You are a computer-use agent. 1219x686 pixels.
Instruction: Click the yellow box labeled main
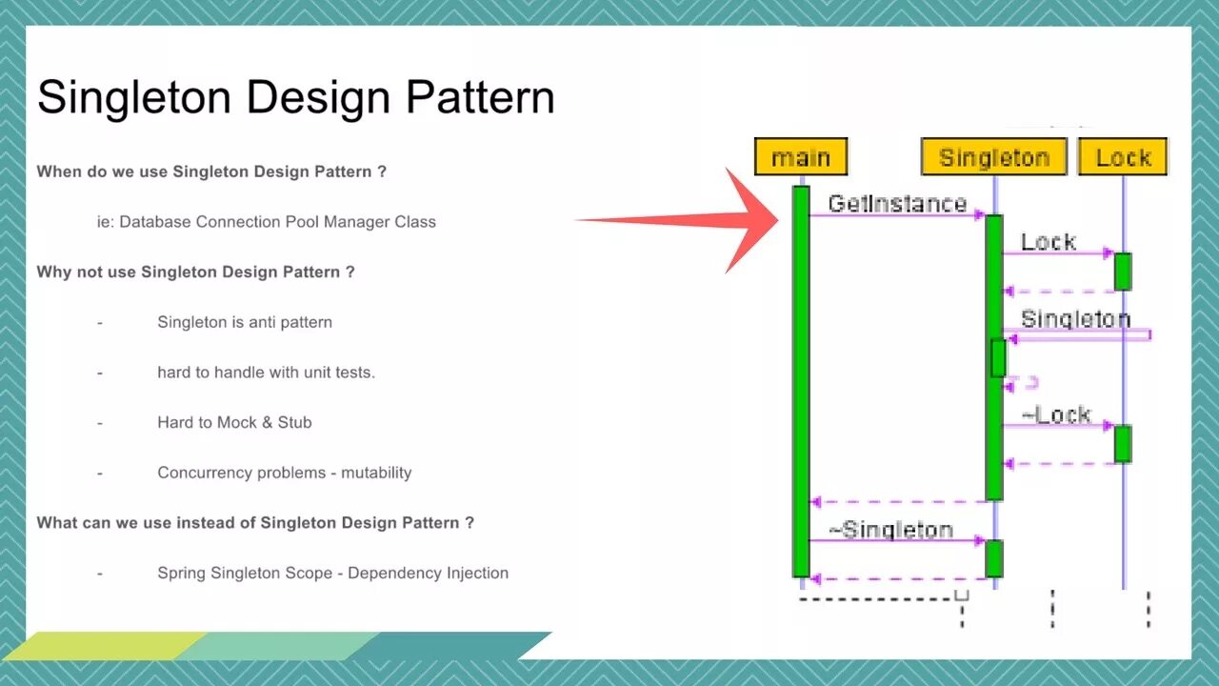pyautogui.click(x=801, y=157)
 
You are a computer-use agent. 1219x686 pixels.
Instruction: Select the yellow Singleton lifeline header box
pyautogui.click(x=994, y=157)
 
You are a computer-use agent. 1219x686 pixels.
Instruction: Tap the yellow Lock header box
pyautogui.click(x=1123, y=157)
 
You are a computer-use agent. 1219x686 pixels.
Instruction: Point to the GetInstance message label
pyautogui.click(x=897, y=203)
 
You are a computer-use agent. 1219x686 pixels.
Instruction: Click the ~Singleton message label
pyautogui.click(x=891, y=530)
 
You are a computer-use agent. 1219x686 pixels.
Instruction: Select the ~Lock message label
pyautogui.click(x=1056, y=414)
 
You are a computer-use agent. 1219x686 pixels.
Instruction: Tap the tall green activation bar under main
pyautogui.click(x=801, y=381)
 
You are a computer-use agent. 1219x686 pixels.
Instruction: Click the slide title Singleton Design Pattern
pyautogui.click(x=295, y=97)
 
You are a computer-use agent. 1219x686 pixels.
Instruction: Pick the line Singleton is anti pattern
pyautogui.click(x=245, y=322)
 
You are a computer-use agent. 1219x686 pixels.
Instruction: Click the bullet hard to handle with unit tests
pyautogui.click(x=266, y=373)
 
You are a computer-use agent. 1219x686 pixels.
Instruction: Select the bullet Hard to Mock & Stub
pyautogui.click(x=234, y=422)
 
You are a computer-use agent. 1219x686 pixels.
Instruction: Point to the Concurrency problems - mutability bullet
pyautogui.click(x=284, y=473)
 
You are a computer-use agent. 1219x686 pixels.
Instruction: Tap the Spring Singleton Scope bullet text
pyautogui.click(x=332, y=573)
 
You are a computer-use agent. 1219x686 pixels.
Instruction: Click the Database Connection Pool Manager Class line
pyautogui.click(x=267, y=222)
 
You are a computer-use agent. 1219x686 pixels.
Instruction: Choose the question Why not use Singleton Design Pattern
pyautogui.click(x=195, y=272)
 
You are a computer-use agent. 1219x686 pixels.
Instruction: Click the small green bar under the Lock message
pyautogui.click(x=1123, y=272)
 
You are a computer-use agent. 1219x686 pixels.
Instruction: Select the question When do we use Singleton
pyautogui.click(x=211, y=171)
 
